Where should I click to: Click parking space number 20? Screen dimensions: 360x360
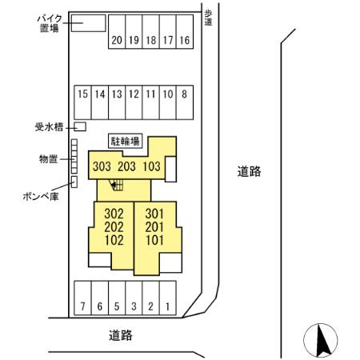click(117, 32)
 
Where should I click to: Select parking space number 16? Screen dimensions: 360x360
click(185, 32)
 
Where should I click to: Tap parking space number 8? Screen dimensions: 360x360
click(185, 102)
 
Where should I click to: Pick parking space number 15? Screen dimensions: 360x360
click(82, 102)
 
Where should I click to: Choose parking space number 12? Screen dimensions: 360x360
click(134, 102)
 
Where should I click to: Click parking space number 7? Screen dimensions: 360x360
click(82, 298)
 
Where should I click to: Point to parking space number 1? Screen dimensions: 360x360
click(168, 298)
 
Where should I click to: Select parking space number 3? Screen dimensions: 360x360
click(134, 298)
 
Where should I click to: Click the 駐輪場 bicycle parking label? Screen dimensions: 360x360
click(126, 141)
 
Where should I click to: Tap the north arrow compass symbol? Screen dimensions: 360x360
click(321, 341)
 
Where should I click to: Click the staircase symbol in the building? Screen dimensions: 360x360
click(116, 185)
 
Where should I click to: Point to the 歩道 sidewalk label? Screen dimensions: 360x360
click(208, 18)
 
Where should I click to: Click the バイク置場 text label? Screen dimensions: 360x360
click(50, 23)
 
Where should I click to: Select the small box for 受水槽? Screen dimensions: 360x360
click(80, 126)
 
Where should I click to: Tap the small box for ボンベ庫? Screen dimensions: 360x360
click(74, 182)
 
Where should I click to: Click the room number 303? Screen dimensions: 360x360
click(102, 166)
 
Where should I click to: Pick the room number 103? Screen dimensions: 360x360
click(151, 166)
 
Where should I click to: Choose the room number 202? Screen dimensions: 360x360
click(114, 227)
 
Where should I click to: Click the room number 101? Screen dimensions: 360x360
click(154, 240)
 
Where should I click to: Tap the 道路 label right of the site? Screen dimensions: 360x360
click(249, 171)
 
